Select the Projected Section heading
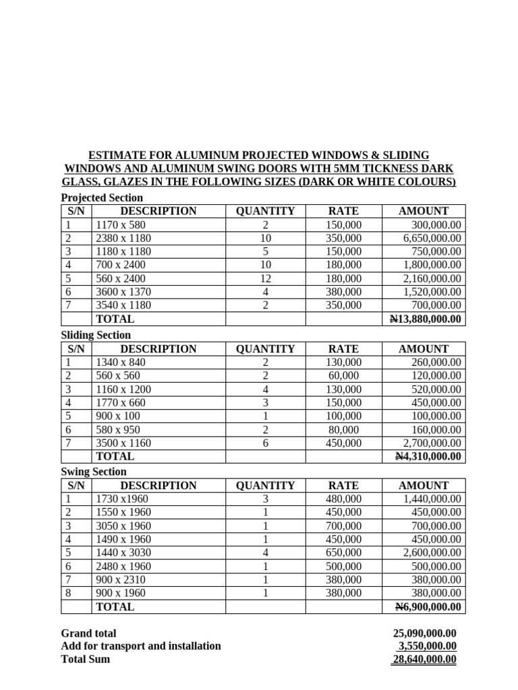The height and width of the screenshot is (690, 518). click(x=102, y=197)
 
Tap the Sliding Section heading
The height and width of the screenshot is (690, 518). click(x=96, y=335)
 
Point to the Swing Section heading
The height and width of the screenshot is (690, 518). click(x=94, y=472)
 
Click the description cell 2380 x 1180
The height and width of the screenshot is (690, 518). click(x=124, y=238)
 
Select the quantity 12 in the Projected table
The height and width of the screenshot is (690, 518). click(x=265, y=278)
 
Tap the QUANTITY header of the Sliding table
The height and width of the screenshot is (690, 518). click(x=265, y=348)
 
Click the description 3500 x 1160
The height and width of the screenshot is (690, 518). click(x=124, y=443)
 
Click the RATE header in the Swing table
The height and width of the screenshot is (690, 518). click(x=343, y=485)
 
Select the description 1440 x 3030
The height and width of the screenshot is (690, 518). click(x=124, y=553)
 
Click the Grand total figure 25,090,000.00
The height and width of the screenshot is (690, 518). click(x=424, y=633)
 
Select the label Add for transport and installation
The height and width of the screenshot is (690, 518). click(x=141, y=646)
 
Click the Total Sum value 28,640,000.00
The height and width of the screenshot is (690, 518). click(x=424, y=659)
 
